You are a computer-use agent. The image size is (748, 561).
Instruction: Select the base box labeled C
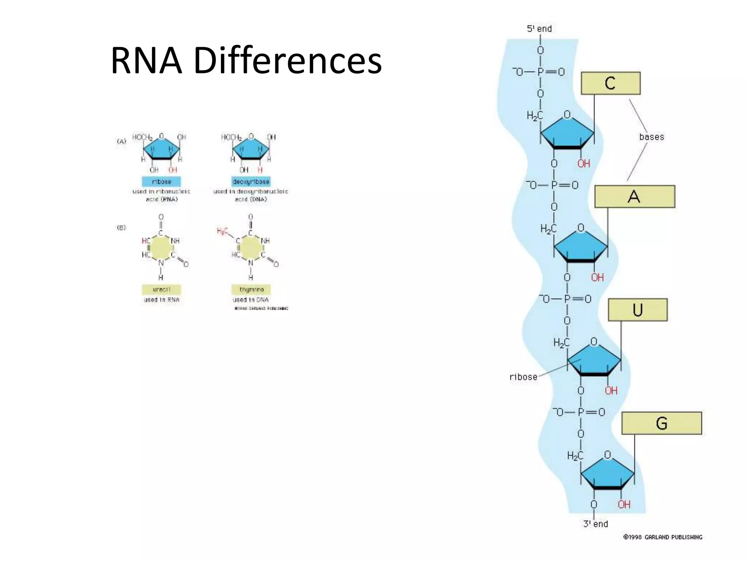[610, 83]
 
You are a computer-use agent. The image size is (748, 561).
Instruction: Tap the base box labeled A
[634, 197]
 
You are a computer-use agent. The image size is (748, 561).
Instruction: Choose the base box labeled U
[637, 310]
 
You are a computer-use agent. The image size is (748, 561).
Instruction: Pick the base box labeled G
[661, 423]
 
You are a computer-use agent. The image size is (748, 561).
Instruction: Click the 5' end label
[539, 28]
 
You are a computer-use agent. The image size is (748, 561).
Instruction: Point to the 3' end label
[595, 524]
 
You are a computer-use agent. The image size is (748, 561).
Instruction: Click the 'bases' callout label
[652, 137]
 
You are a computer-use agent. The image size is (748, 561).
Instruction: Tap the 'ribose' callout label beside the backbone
[523, 377]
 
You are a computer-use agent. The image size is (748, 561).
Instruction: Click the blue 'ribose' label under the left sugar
[161, 182]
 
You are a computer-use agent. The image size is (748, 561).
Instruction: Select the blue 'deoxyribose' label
[251, 182]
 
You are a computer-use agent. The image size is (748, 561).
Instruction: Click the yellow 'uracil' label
[161, 290]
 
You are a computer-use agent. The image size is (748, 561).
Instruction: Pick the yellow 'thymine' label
[251, 290]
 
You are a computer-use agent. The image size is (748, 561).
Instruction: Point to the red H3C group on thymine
[222, 231]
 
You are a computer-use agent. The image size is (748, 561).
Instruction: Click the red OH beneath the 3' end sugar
[624, 504]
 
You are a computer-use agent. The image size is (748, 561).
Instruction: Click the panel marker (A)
[121, 141]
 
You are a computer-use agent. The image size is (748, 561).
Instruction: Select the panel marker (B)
[121, 228]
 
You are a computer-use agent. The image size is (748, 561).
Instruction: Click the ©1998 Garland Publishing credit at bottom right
[663, 537]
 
